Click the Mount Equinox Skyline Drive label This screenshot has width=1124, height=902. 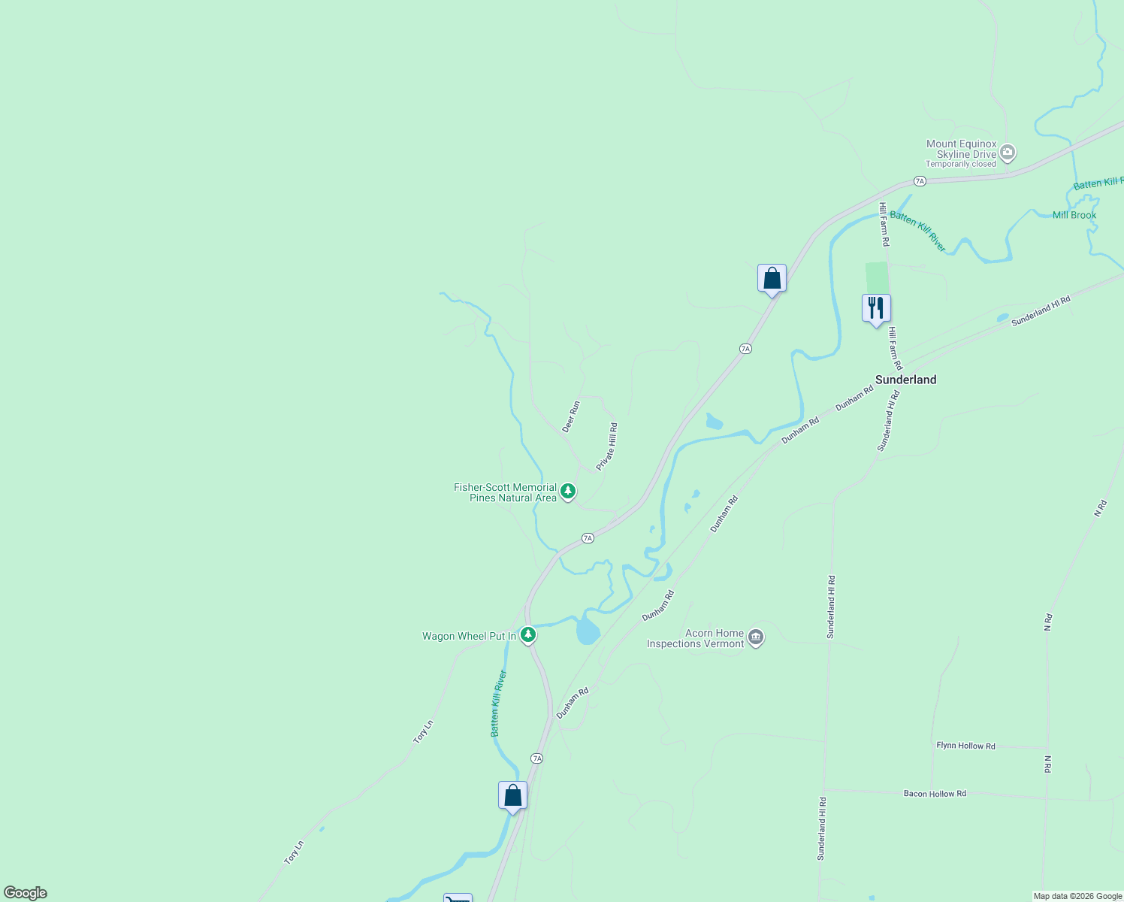click(961, 149)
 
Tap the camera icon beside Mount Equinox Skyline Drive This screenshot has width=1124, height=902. click(1008, 153)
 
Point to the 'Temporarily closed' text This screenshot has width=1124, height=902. click(960, 164)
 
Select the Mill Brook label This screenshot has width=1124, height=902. click(1074, 215)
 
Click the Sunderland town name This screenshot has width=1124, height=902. click(905, 380)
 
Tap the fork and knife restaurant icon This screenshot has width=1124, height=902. click(876, 308)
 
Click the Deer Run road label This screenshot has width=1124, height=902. click(571, 416)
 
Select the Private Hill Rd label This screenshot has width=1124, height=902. click(607, 446)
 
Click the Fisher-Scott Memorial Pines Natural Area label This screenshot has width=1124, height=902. click(505, 492)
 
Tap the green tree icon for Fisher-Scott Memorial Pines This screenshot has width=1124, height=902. click(568, 492)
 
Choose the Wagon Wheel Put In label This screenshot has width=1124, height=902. click(469, 636)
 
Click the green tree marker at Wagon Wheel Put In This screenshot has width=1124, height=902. click(528, 635)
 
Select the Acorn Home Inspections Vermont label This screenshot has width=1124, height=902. click(696, 638)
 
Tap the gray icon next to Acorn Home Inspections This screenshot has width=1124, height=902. click(756, 637)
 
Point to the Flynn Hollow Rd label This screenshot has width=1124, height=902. click(965, 746)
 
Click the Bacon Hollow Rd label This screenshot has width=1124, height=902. click(935, 794)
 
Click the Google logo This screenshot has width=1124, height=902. click(25, 893)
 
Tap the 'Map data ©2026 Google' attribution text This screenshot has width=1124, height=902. click(1077, 896)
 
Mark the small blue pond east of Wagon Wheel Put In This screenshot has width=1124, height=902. click(588, 631)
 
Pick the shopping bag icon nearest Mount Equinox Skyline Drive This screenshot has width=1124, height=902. click(772, 278)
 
